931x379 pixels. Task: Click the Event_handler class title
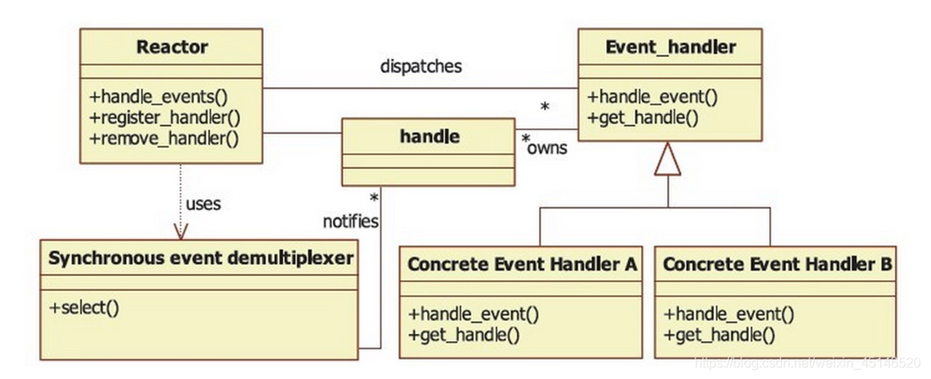click(669, 46)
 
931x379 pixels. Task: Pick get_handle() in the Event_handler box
click(643, 117)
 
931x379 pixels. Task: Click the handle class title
click(428, 136)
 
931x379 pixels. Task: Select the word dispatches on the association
click(419, 67)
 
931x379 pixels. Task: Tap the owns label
click(548, 149)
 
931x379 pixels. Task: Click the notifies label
click(350, 222)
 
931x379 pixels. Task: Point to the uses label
click(203, 203)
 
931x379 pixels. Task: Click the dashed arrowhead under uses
click(178, 230)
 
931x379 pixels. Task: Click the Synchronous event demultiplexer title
click(201, 259)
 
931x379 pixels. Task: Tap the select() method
click(84, 307)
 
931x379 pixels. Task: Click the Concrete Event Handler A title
click(522, 265)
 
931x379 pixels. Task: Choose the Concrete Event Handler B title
click(777, 265)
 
